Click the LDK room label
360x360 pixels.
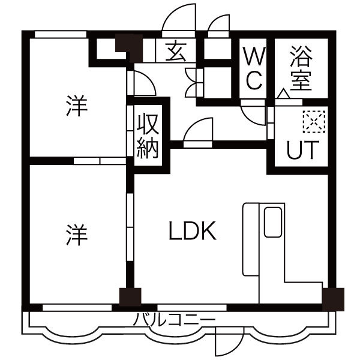[x=191, y=231]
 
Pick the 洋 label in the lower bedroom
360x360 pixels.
[x=76, y=232]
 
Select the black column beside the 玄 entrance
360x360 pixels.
[x=128, y=44]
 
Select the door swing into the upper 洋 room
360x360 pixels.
[x=143, y=85]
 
